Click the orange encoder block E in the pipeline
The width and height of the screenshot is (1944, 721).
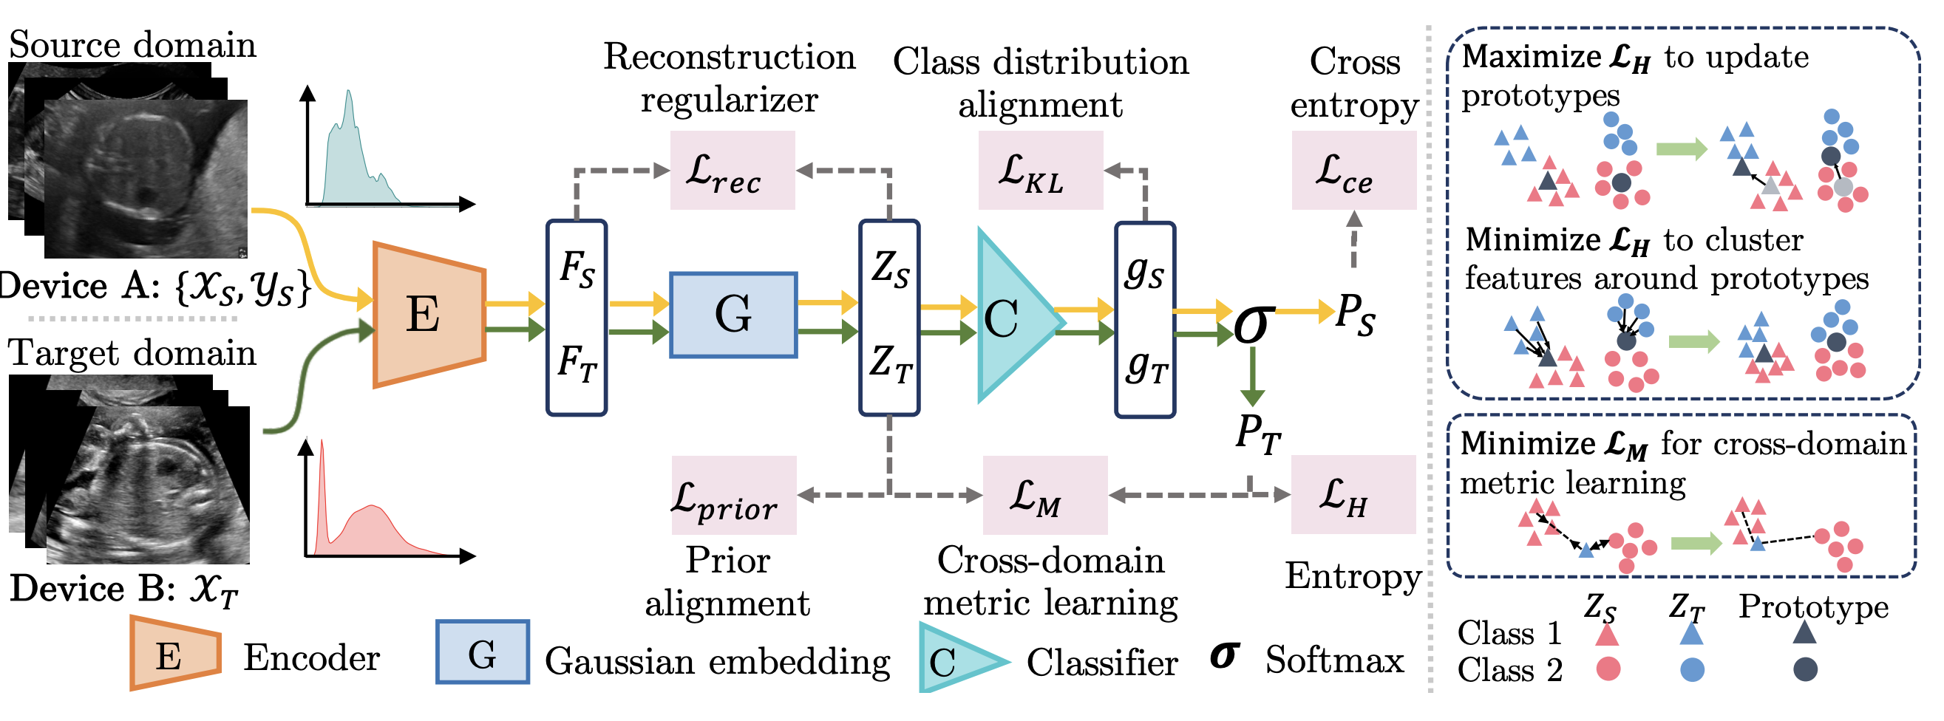click(427, 315)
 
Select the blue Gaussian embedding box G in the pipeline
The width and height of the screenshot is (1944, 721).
click(733, 315)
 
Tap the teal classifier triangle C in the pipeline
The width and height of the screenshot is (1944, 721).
click(1011, 317)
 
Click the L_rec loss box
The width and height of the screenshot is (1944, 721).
click(732, 171)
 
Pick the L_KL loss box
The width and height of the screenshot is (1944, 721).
click(1040, 171)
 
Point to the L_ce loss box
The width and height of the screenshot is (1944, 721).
click(1353, 171)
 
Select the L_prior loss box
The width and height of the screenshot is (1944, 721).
click(733, 496)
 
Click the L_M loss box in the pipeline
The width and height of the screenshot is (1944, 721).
click(1044, 496)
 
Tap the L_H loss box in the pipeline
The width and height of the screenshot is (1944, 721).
click(1353, 495)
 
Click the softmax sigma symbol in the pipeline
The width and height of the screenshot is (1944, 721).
click(1252, 324)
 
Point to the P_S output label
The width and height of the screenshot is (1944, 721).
click(1355, 313)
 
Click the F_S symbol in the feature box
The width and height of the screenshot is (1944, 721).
click(577, 268)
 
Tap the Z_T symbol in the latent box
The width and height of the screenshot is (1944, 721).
click(890, 363)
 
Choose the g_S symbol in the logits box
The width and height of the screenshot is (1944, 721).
click(1144, 272)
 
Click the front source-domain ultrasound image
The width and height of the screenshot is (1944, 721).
click(145, 180)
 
